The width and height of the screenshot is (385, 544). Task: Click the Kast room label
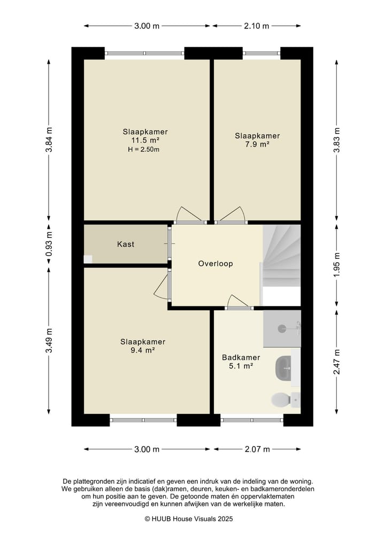click(x=126, y=244)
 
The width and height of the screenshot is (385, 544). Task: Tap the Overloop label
click(x=215, y=264)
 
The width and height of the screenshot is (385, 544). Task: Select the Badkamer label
click(x=241, y=357)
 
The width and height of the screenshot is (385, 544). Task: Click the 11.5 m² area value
click(x=145, y=141)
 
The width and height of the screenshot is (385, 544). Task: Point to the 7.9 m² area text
click(x=257, y=144)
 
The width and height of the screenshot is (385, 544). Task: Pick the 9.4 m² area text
click(x=143, y=350)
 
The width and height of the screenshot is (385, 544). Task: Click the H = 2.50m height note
click(x=144, y=150)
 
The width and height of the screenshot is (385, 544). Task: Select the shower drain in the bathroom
click(x=282, y=328)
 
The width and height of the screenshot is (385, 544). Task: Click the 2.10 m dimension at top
click(x=257, y=26)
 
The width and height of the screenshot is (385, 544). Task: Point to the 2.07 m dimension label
click(x=257, y=449)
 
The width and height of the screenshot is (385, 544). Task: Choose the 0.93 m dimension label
click(x=49, y=244)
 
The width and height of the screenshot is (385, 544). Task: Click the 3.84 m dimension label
click(x=49, y=140)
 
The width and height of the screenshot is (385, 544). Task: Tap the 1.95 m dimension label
click(x=337, y=265)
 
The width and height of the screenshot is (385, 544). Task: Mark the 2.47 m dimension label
click(x=337, y=363)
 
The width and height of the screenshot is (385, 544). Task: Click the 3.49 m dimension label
click(x=49, y=341)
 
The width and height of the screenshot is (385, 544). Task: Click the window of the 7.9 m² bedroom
click(x=261, y=53)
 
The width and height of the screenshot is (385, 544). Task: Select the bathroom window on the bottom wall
click(x=252, y=420)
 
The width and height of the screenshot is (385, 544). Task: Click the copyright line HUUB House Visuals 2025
click(x=189, y=519)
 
